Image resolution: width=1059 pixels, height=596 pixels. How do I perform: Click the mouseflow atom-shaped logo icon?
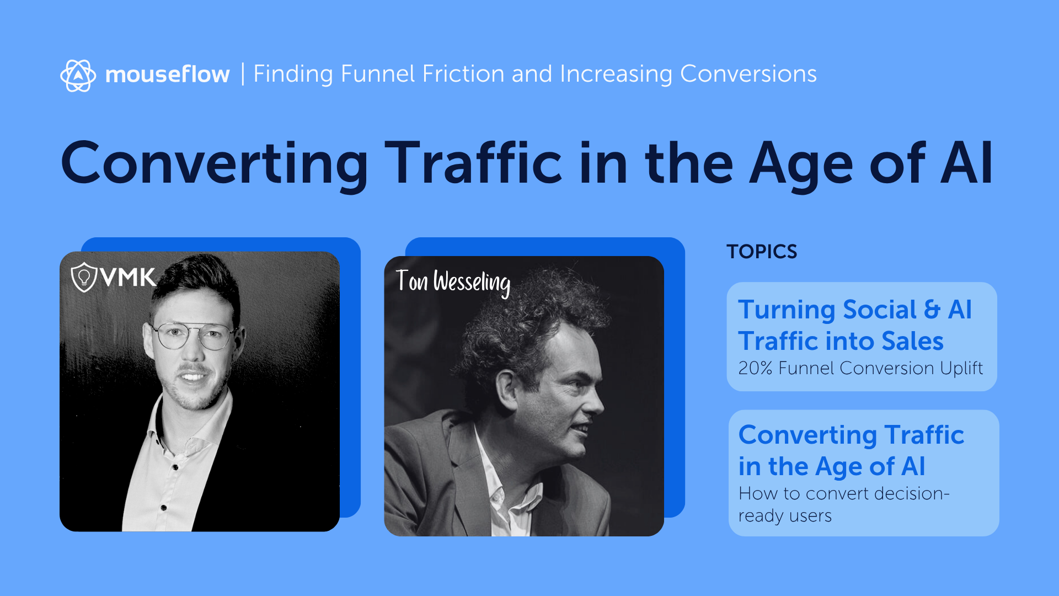click(x=78, y=75)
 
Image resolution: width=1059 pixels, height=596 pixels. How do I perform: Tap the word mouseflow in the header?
click(x=167, y=74)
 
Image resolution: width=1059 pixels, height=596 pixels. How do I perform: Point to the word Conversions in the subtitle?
click(x=748, y=74)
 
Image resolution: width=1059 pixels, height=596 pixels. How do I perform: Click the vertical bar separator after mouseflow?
click(x=243, y=74)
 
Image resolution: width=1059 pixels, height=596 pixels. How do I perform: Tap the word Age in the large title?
click(x=801, y=164)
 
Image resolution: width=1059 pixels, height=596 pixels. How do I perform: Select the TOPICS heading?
click(x=762, y=252)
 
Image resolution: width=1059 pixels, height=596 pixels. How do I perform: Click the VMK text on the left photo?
click(x=129, y=277)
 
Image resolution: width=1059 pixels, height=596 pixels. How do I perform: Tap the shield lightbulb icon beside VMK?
click(x=84, y=277)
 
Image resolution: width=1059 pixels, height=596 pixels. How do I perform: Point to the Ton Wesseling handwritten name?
click(x=453, y=281)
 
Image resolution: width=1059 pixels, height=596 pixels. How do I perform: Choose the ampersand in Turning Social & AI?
click(x=932, y=310)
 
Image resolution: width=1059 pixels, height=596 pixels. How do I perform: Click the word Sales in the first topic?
click(x=912, y=341)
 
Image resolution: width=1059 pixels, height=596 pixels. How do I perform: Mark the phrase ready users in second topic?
click(x=785, y=516)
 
